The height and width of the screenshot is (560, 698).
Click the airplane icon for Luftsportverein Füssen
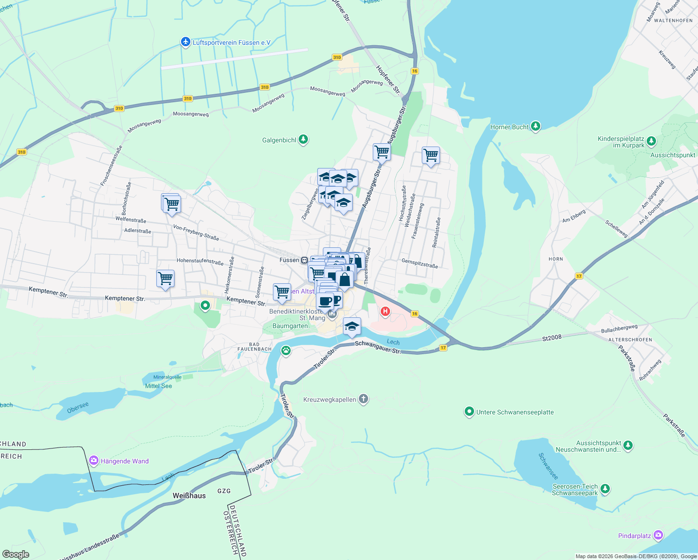186,42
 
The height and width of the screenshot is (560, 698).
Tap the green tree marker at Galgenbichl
303,140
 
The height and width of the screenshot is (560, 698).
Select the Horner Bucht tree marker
536,126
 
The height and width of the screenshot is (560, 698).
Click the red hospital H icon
385,311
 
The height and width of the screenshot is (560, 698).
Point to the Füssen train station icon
304,260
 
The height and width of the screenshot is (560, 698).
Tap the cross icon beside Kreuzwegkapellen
363,399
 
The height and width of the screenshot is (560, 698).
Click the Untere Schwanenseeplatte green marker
469,412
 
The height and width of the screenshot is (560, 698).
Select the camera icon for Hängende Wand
94,461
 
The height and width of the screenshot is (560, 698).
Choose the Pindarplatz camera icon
658,535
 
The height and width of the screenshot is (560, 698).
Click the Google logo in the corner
15,554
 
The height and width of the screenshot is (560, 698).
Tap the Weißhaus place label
189,496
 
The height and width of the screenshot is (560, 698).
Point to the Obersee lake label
78,407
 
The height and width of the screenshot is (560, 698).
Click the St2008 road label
551,337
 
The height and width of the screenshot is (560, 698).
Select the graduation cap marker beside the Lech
352,326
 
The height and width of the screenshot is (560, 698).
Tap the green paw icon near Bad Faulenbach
286,350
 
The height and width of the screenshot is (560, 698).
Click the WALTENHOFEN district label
673,21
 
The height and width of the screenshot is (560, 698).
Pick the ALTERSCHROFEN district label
630,340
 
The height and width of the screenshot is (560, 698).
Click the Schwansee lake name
548,466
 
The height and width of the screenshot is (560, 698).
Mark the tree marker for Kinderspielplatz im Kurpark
651,141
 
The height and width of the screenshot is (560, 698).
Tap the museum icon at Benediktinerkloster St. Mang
332,314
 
